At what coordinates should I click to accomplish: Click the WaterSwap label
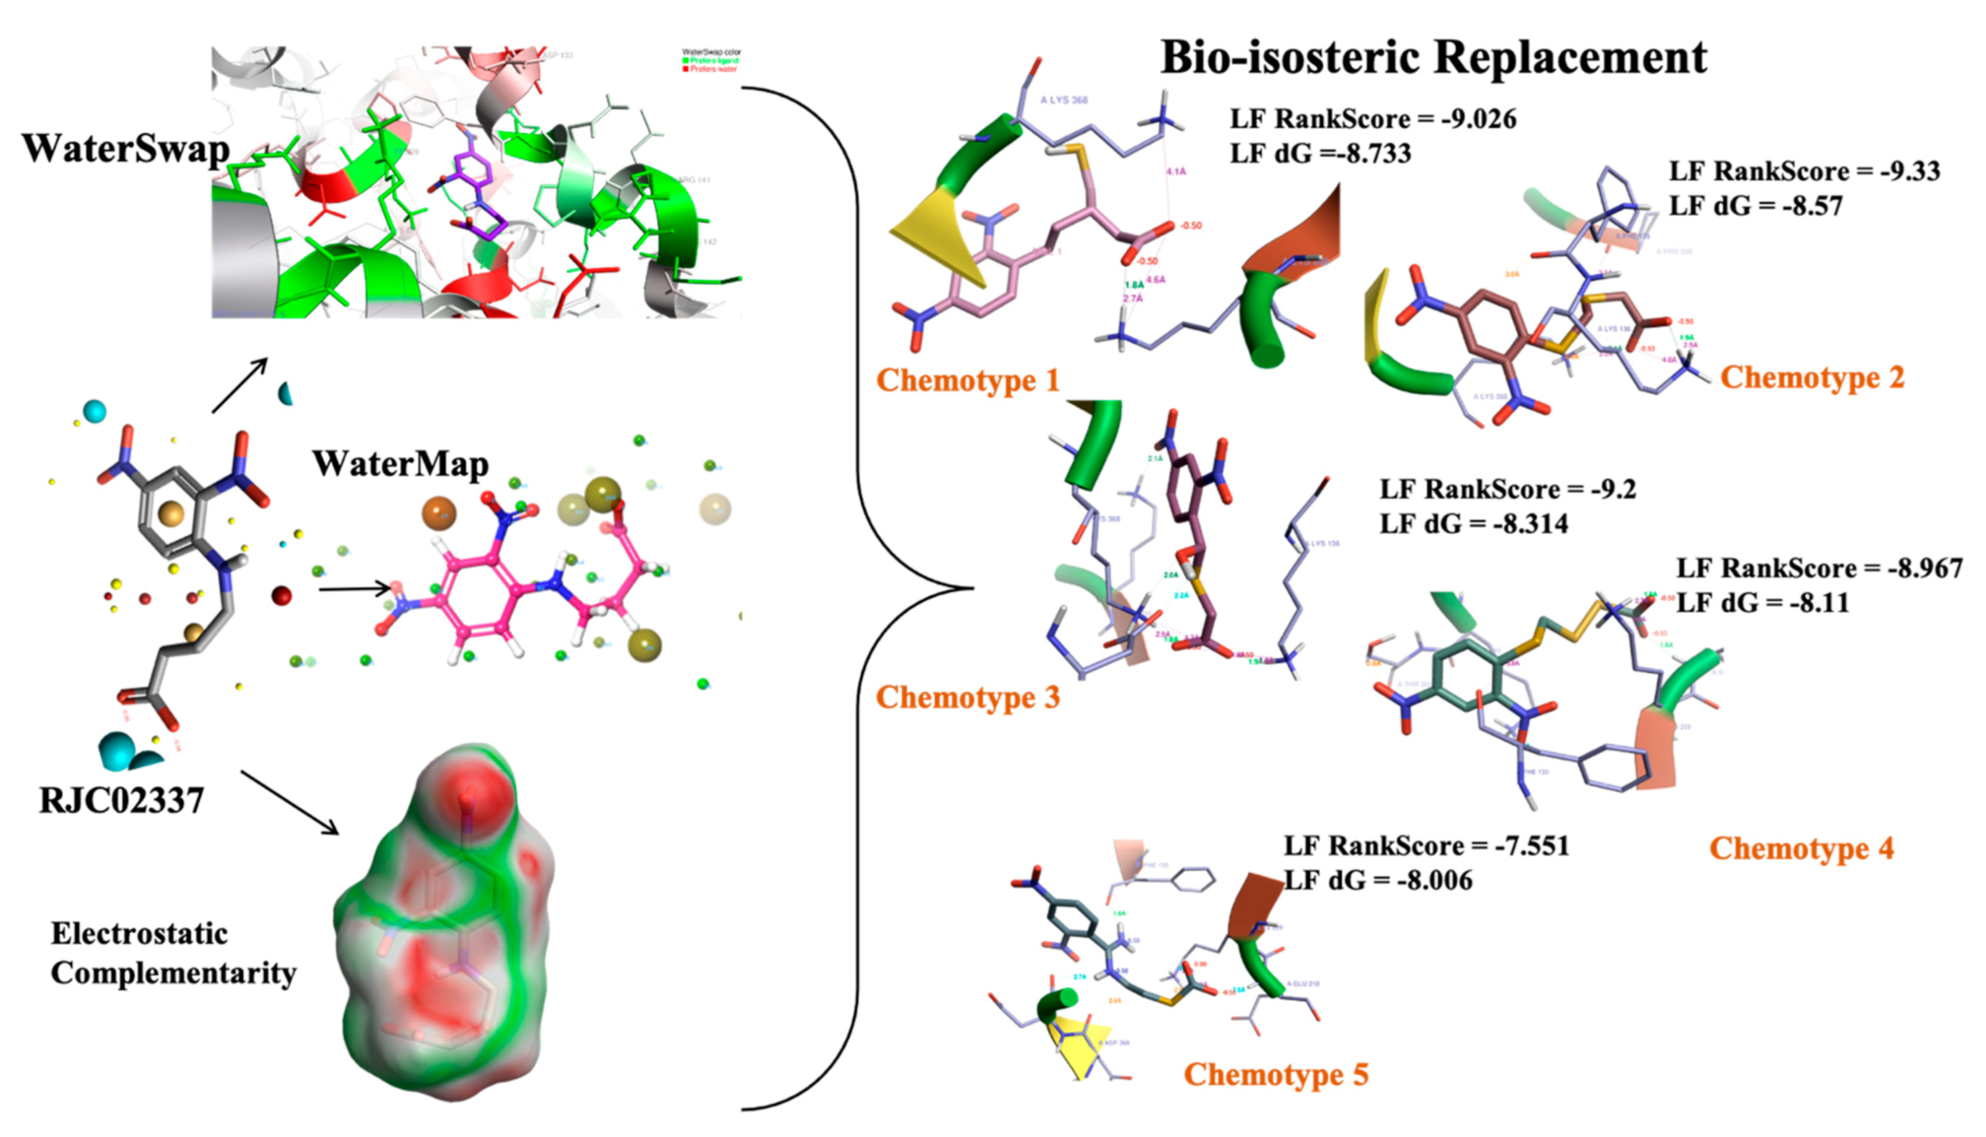(125, 148)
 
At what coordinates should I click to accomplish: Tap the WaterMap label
(401, 464)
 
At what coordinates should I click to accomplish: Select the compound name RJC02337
(122, 801)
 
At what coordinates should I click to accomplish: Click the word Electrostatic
(139, 934)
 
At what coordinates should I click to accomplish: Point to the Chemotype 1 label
(967, 380)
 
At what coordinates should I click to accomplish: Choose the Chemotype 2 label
(1812, 377)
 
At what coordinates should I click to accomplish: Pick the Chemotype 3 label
(967, 698)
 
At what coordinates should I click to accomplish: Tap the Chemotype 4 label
(1802, 848)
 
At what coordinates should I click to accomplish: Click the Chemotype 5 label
(1276, 1074)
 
